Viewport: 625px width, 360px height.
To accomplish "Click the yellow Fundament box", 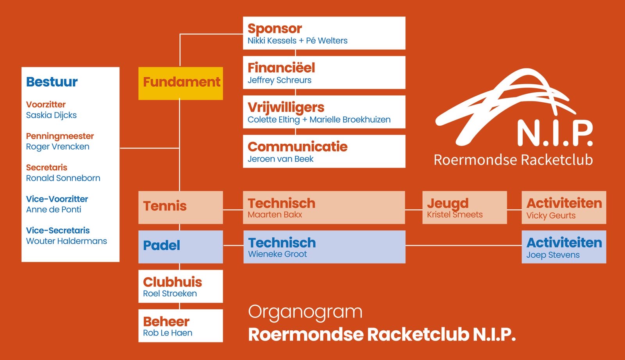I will coord(180,83).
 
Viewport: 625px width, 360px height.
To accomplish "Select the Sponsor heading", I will coord(275,29).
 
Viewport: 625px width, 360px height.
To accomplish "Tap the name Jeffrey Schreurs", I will coord(279,80).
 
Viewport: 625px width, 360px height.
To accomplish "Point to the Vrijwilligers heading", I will coord(286,107).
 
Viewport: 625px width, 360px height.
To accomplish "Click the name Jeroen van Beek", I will coord(280,159).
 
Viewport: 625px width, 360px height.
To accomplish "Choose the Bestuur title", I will coord(52,82).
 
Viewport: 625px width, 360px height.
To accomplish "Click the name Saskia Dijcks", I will coord(51,115).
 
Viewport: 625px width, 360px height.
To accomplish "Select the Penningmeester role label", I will coord(60,136).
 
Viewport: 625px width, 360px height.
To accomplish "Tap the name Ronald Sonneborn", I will coord(63,178).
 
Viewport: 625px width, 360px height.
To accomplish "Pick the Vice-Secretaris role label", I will coord(58,230).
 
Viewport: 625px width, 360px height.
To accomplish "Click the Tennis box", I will coord(180,207).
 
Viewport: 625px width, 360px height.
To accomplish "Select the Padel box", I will coord(180,246).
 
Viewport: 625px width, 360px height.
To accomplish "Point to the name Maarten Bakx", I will coord(275,215).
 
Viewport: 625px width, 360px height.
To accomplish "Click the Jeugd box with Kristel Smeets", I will coord(464,207).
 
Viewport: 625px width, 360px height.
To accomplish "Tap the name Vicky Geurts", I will coord(551,216).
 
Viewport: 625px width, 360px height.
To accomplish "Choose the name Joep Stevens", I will coord(553,255).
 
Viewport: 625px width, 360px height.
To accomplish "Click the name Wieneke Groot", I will coord(277,254).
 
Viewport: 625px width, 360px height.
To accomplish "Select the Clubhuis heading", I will coord(172,282).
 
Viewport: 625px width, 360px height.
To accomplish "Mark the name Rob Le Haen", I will coord(168,333).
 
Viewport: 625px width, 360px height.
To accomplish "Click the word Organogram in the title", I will coord(305,312).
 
